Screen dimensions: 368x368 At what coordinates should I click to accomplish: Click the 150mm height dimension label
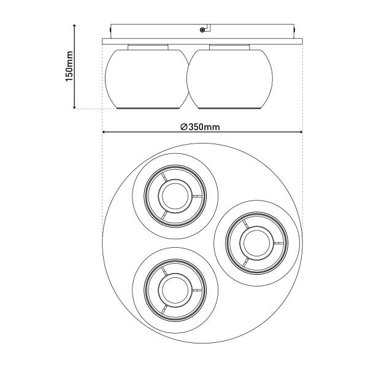(x=69, y=66)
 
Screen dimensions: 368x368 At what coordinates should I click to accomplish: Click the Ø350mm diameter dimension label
(x=200, y=127)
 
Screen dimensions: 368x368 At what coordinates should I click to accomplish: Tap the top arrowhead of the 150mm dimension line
(x=74, y=25)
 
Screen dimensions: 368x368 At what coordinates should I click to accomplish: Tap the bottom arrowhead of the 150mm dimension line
(x=74, y=107)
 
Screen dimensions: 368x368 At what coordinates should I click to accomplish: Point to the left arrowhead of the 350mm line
(x=104, y=132)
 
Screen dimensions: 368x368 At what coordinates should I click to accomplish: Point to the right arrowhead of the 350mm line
(x=301, y=132)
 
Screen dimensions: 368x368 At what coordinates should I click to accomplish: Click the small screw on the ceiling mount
(x=202, y=30)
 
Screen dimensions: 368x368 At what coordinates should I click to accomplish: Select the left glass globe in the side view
(x=147, y=79)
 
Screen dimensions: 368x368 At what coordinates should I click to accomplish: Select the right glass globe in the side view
(x=229, y=79)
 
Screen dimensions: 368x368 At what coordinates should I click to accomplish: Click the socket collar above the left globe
(x=148, y=47)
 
